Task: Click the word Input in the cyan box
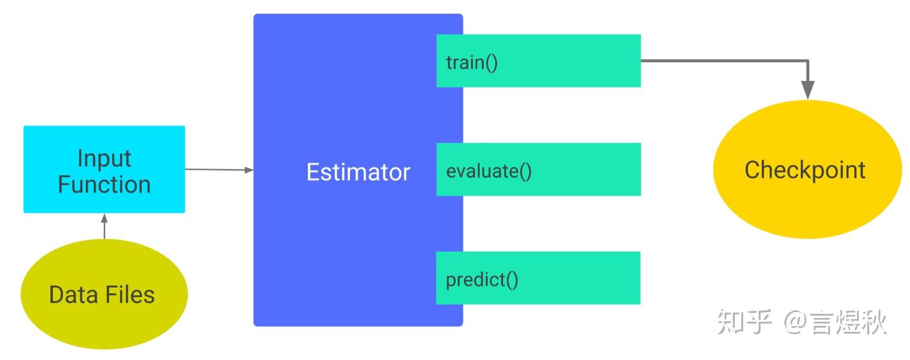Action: click(x=104, y=158)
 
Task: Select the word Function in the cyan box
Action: click(x=104, y=184)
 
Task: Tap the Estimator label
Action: click(x=358, y=172)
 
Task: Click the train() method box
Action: click(x=538, y=61)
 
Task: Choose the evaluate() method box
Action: click(x=538, y=169)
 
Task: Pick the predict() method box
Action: click(x=538, y=278)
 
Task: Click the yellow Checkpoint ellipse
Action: click(x=807, y=169)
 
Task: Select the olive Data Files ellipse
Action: click(x=104, y=294)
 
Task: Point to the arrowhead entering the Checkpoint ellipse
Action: click(x=807, y=89)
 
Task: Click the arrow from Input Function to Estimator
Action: click(x=219, y=170)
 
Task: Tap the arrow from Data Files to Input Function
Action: click(x=104, y=226)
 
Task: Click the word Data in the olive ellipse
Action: click(x=74, y=295)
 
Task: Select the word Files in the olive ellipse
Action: click(x=130, y=295)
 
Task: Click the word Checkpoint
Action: click(x=805, y=170)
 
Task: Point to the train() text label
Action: click(x=472, y=63)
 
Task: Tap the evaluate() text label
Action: click(x=489, y=171)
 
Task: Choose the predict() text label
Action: click(x=482, y=280)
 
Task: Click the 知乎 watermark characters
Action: click(x=744, y=322)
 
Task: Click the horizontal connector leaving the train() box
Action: click(x=725, y=61)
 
